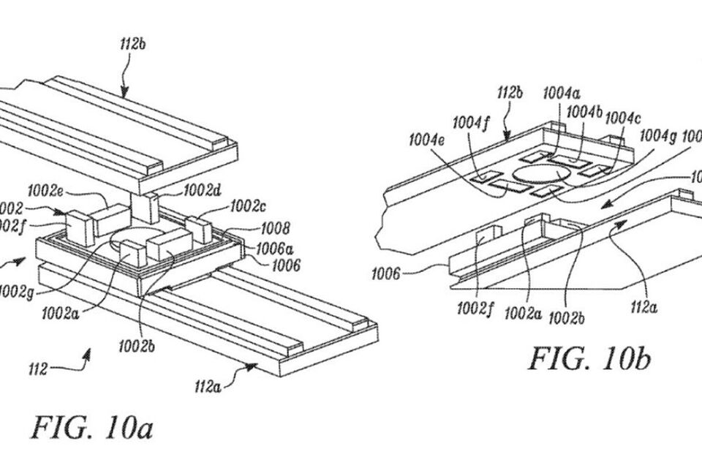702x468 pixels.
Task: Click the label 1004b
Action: click(x=585, y=110)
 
